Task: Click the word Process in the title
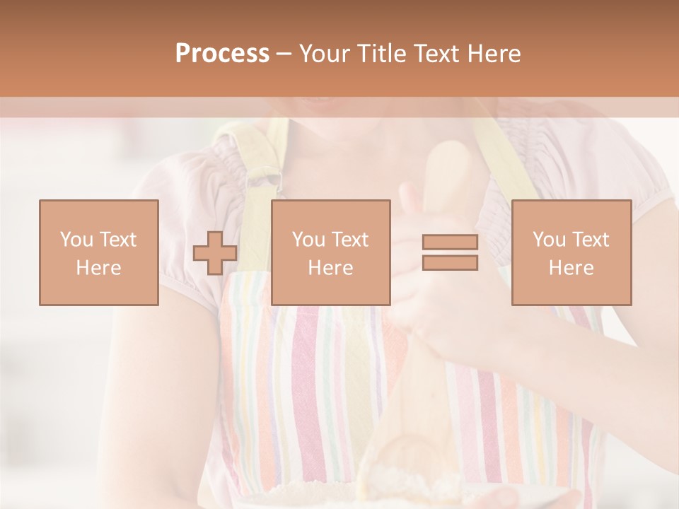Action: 222,54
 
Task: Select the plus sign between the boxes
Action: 215,253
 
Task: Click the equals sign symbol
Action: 450,252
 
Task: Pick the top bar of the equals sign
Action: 450,242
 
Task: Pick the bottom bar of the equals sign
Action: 450,262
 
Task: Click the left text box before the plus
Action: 99,252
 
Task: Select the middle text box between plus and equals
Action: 330,252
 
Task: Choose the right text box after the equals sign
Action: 571,252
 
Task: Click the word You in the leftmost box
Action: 76,240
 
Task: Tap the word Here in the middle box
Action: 330,268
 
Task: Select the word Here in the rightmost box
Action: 571,268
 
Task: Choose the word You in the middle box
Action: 308,240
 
